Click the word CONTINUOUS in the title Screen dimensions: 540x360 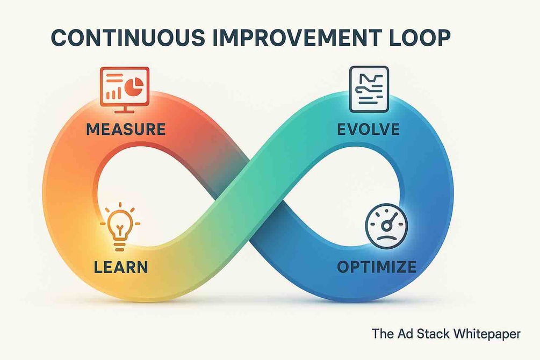click(x=128, y=38)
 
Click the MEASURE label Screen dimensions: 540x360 click(x=126, y=129)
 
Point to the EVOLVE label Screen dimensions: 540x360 click(x=368, y=129)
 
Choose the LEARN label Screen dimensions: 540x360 click(x=121, y=268)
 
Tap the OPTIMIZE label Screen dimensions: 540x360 click(x=377, y=267)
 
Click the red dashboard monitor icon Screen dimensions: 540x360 click(x=124, y=90)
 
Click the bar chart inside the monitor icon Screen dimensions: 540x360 click(x=113, y=93)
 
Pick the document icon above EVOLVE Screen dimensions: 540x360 click(x=369, y=89)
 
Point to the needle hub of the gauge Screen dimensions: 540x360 click(x=386, y=226)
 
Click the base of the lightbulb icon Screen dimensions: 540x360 click(x=119, y=246)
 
